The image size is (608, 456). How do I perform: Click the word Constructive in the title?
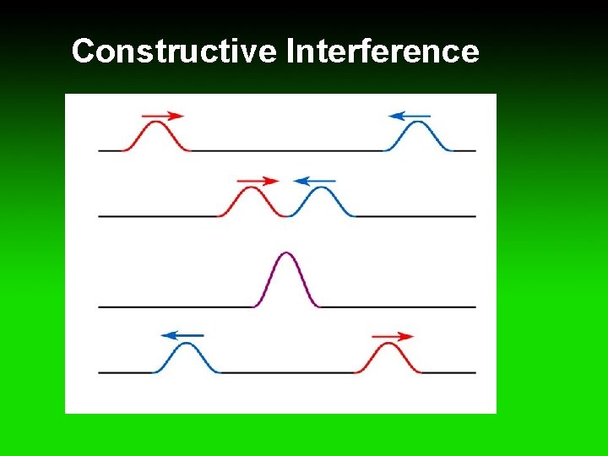(x=175, y=52)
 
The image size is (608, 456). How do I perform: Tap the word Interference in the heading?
(x=383, y=52)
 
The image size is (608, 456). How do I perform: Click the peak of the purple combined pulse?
(x=286, y=253)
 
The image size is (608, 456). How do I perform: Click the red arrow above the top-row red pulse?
(x=163, y=116)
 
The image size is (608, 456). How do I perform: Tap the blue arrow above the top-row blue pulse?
(x=410, y=116)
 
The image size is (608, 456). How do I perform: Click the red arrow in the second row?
(x=258, y=181)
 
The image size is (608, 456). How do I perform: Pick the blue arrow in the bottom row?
(x=182, y=335)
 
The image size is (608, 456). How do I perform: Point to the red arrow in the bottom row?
(x=394, y=336)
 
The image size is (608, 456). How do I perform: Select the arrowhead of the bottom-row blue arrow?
(x=167, y=335)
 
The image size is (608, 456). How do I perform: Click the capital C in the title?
(x=83, y=52)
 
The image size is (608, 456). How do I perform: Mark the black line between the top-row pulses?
(x=287, y=150)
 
